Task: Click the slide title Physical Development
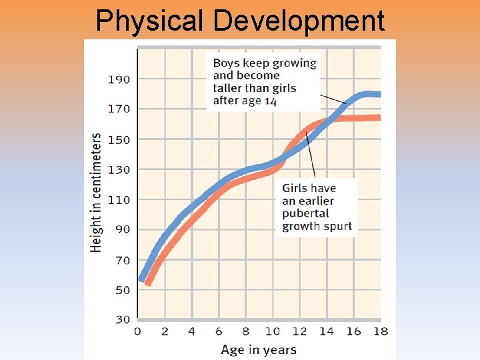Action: pos(240,21)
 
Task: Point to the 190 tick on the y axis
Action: pos(119,79)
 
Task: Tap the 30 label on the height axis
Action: pos(122,319)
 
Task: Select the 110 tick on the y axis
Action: pos(119,199)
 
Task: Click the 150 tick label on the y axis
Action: pos(119,140)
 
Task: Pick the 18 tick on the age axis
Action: pos(380,331)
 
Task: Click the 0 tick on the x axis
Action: pos(138,331)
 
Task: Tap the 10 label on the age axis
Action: pos(273,331)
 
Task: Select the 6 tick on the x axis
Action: pos(219,331)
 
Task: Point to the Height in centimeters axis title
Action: pos(97,193)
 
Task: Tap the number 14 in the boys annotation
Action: pos(270,101)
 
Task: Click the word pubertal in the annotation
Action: pos(305,213)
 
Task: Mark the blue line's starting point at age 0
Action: pos(140,279)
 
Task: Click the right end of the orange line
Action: pos(379,118)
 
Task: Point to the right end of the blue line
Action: pos(379,95)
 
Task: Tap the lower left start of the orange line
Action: pos(148,283)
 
